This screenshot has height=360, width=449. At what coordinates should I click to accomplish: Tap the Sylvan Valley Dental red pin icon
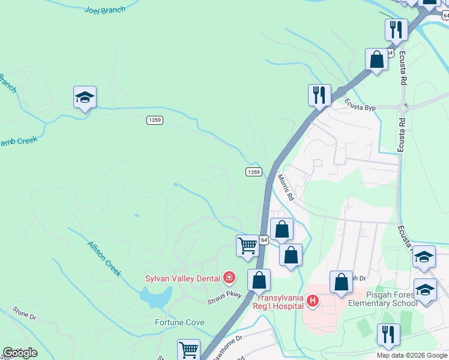229,277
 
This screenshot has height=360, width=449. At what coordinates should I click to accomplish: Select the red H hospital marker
312,301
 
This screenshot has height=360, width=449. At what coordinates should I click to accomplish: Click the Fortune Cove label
179,322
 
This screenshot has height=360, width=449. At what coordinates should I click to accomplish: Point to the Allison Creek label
104,259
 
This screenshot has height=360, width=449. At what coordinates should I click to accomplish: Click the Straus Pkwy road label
225,295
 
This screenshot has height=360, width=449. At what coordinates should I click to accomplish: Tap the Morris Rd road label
286,187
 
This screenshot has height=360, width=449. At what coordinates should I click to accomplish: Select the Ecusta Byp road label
360,107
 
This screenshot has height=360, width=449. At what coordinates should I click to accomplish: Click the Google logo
20,353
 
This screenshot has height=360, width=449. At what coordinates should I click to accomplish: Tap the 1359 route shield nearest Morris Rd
253,172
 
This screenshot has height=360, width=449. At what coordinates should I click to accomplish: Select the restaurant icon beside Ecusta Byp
319,95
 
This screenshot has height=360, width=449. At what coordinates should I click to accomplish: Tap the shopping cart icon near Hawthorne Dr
188,349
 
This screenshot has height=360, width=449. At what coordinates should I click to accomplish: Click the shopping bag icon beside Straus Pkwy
259,280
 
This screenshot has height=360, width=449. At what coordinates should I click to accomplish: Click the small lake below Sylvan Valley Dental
154,295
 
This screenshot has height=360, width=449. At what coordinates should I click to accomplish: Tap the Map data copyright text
411,355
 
